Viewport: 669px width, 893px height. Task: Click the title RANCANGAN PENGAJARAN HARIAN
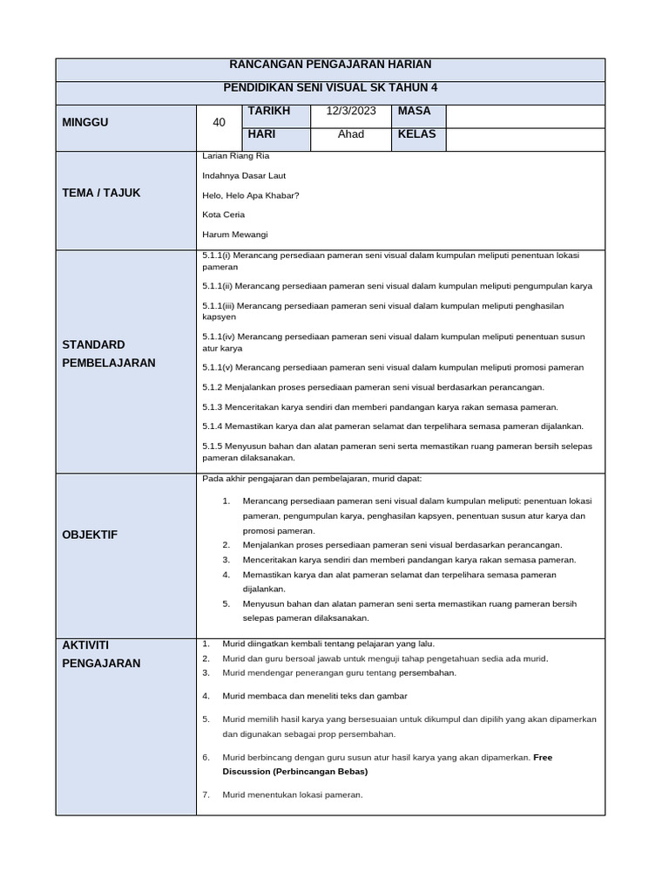click(330, 65)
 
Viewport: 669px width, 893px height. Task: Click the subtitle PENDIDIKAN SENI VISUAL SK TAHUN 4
click(330, 89)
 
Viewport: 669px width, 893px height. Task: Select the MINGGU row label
click(85, 123)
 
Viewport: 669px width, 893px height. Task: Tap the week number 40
click(219, 123)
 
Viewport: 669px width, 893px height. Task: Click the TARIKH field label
click(268, 112)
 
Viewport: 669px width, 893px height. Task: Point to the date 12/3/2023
click(351, 112)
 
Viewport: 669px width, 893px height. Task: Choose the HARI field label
click(262, 134)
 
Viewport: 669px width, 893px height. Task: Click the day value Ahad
click(351, 134)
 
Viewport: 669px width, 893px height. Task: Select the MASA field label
click(415, 112)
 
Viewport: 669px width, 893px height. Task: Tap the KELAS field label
click(417, 134)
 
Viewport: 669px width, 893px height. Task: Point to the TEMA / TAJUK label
click(101, 193)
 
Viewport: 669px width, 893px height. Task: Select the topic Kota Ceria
click(224, 215)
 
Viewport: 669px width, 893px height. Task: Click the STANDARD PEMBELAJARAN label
click(109, 353)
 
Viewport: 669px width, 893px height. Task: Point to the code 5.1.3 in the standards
click(213, 406)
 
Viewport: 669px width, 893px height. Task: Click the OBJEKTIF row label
click(90, 535)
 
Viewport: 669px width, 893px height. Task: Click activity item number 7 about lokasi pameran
click(292, 794)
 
